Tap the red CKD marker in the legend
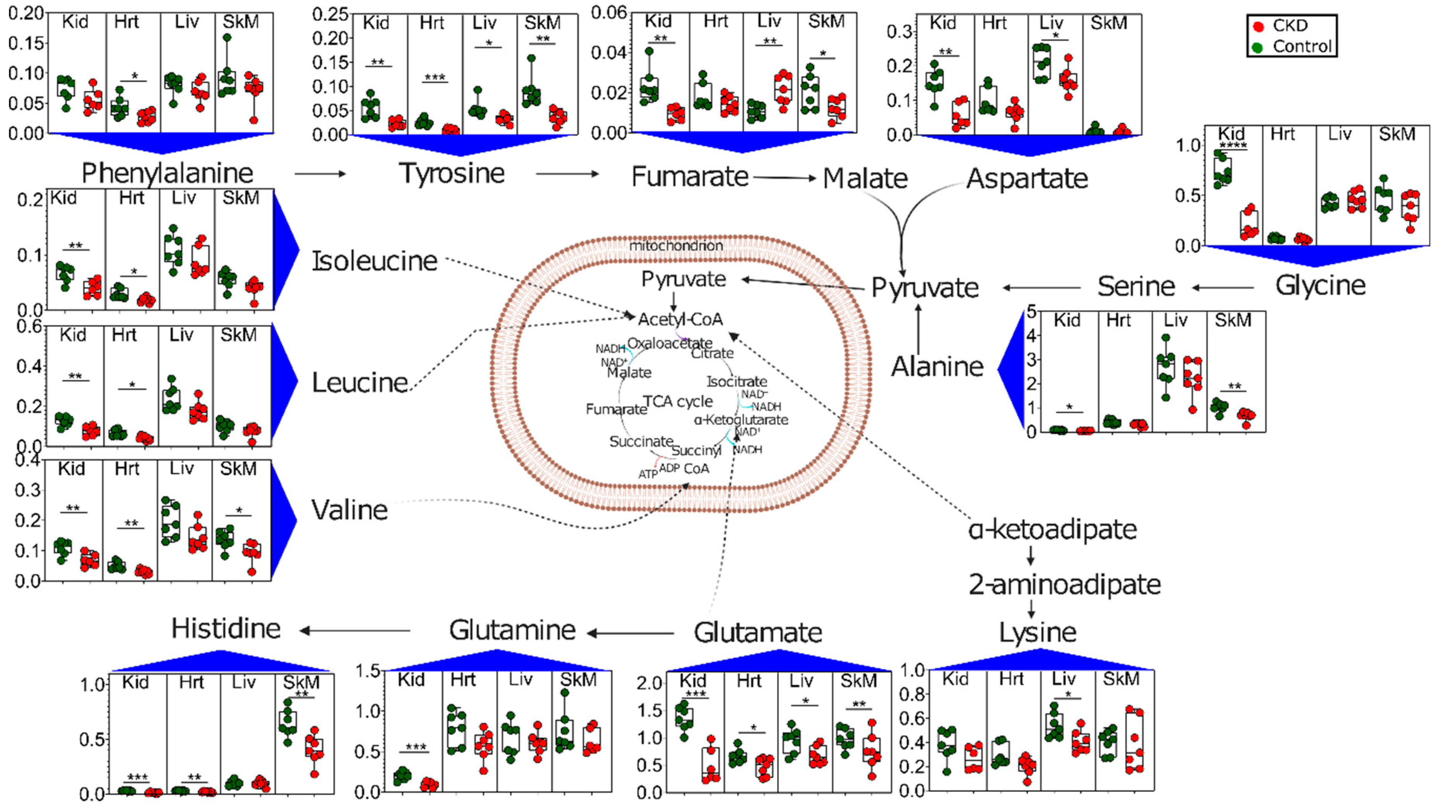tap(1259, 26)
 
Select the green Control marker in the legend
tap(1259, 47)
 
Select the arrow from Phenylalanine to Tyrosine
tap(320, 174)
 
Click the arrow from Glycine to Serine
tap(1223, 288)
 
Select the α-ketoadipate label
tap(1053, 529)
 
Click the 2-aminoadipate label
tap(1064, 584)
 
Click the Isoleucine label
tap(374, 261)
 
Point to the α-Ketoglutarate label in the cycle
tap(741, 419)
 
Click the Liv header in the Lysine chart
tap(1063, 679)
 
